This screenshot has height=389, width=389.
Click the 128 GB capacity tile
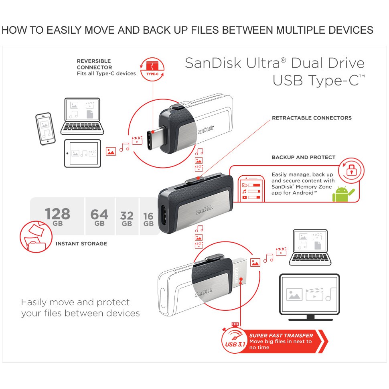[x=57, y=216]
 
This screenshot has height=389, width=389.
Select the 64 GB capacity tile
[x=99, y=216]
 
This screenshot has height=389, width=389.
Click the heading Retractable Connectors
[x=312, y=118]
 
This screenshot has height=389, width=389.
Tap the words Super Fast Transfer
[x=281, y=336]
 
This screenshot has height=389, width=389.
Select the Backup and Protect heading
[x=304, y=157]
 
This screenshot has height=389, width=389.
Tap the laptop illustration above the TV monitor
[x=310, y=247]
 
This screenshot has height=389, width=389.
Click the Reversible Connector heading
[x=94, y=64]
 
